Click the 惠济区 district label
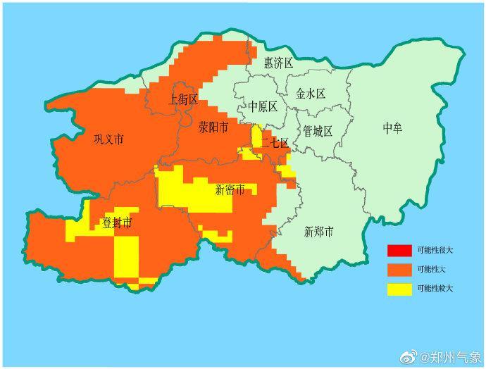coord(278,63)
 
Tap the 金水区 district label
coord(310,94)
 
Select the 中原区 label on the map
coord(263,106)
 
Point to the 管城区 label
coord(318,131)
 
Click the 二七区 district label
coord(275,144)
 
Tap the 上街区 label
coord(184,99)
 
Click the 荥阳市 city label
coord(213,128)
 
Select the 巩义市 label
coord(108,139)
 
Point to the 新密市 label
coord(230,189)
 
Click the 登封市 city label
coord(117,223)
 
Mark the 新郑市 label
coord(318,232)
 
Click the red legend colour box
coord(399,251)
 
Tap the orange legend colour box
coord(399,269)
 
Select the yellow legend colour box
coord(399,288)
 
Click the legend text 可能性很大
coord(435,251)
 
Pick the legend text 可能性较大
coord(435,288)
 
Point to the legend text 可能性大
coord(432,269)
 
